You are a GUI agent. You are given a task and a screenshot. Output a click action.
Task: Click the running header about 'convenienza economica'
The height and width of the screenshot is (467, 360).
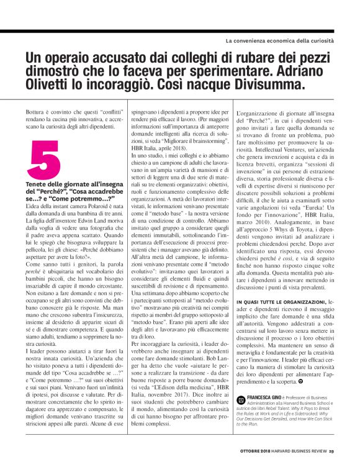click(279, 41)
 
